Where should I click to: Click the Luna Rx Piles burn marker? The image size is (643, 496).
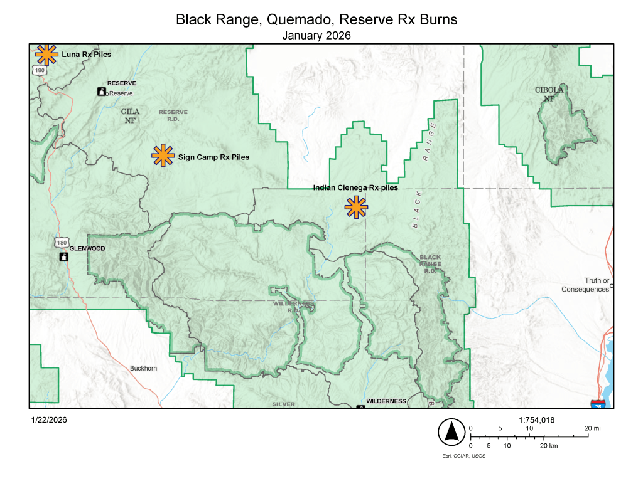pyautogui.click(x=45, y=55)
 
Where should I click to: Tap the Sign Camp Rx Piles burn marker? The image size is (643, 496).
pyautogui.click(x=163, y=156)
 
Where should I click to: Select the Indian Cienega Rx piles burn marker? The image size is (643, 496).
pyautogui.click(x=356, y=207)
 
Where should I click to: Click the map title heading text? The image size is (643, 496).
pyautogui.click(x=316, y=20)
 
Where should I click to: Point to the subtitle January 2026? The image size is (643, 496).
pyautogui.click(x=316, y=36)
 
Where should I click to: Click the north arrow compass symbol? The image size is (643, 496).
pyautogui.click(x=450, y=431)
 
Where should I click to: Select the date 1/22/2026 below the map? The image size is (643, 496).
pyautogui.click(x=48, y=420)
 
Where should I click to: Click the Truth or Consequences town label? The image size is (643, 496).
pyautogui.click(x=585, y=285)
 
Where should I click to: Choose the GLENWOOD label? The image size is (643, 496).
pyautogui.click(x=87, y=248)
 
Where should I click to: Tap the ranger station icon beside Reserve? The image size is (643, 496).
pyautogui.click(x=101, y=92)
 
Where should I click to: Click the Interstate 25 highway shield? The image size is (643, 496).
pyautogui.click(x=598, y=405)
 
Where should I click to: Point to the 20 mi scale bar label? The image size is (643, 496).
pyautogui.click(x=593, y=428)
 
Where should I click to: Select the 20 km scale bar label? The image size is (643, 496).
pyautogui.click(x=549, y=446)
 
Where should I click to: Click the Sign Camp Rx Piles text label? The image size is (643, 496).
pyautogui.click(x=213, y=157)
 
